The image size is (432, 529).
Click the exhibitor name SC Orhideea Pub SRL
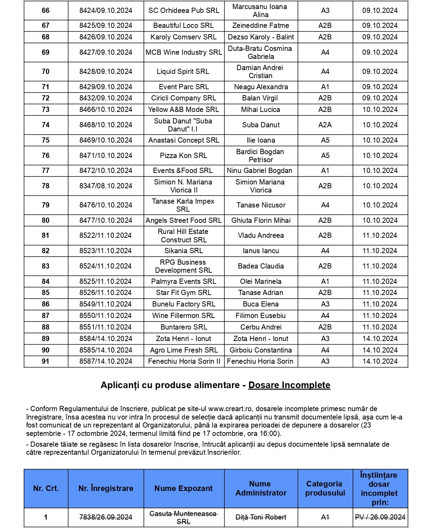click(184, 10)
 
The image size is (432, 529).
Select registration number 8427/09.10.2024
click(106, 52)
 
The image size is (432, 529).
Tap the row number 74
click(46, 125)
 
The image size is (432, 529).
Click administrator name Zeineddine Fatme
click(261, 25)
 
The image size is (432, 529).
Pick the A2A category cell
click(325, 125)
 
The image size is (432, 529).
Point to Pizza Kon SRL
click(184, 156)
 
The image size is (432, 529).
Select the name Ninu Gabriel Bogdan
click(260, 171)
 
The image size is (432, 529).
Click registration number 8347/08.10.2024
click(106, 186)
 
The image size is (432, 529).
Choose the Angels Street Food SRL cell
click(184, 220)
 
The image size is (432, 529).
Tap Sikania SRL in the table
click(184, 251)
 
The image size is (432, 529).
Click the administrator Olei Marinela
click(261, 281)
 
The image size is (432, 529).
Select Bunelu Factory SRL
click(184, 304)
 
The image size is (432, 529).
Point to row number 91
click(46, 361)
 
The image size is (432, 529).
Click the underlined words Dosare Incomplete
click(289, 385)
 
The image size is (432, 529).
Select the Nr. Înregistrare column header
click(106, 488)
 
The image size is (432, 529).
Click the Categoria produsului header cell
click(325, 488)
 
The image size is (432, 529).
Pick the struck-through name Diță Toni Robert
click(261, 517)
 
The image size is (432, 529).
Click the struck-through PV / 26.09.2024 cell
click(380, 517)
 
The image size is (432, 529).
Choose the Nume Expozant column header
click(184, 488)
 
